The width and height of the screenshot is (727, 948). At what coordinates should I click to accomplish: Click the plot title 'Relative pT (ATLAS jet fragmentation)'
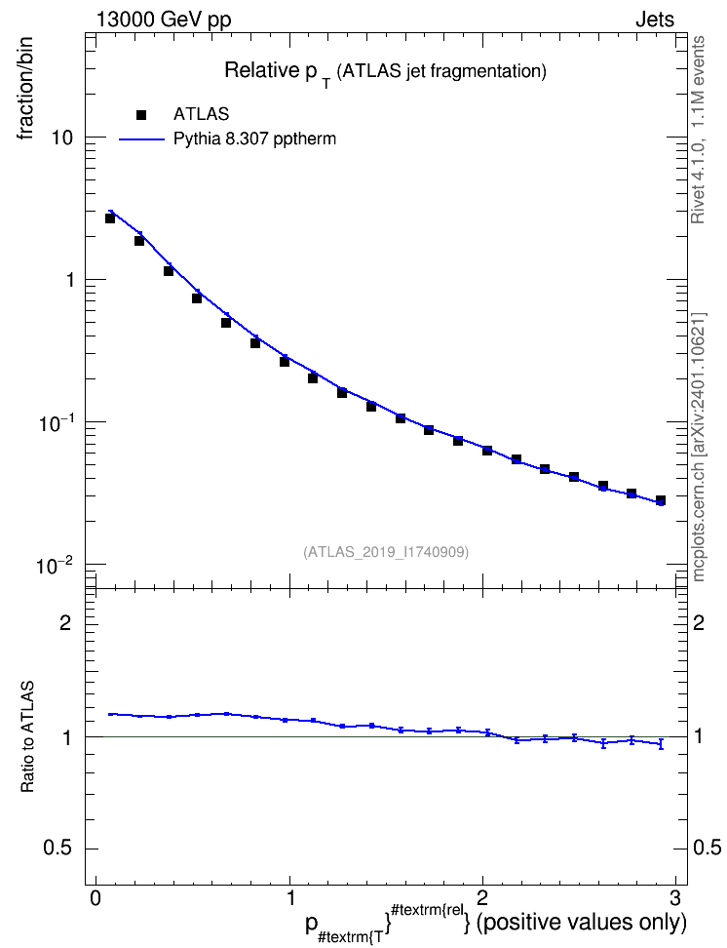pyautogui.click(x=386, y=72)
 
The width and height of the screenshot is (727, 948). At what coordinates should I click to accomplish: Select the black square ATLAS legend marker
pyautogui.click(x=141, y=114)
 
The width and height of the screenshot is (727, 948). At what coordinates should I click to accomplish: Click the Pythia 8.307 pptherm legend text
pyautogui.click(x=254, y=139)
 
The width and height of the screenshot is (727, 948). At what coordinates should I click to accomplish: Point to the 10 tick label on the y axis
pyautogui.click(x=61, y=138)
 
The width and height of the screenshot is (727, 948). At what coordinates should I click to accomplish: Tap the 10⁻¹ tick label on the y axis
pyautogui.click(x=55, y=422)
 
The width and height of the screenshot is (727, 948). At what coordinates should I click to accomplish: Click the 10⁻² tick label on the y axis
pyautogui.click(x=55, y=566)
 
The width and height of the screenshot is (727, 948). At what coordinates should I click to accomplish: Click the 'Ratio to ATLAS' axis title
pyautogui.click(x=27, y=736)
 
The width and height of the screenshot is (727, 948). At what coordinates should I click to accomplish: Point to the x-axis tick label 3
pyautogui.click(x=675, y=896)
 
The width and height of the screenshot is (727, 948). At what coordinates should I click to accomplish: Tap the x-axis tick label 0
pyautogui.click(x=96, y=896)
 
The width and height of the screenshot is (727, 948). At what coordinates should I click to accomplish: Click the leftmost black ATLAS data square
pyautogui.click(x=110, y=218)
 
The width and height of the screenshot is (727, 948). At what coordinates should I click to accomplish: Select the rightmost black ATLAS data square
pyautogui.click(x=661, y=500)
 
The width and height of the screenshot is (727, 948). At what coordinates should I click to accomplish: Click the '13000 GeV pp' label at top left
pyautogui.click(x=164, y=20)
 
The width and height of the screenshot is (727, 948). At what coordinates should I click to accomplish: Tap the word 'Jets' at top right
pyautogui.click(x=655, y=20)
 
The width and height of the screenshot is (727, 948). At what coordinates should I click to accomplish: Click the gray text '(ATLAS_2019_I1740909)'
pyautogui.click(x=386, y=552)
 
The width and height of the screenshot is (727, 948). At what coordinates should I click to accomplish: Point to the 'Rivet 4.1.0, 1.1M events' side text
pyautogui.click(x=698, y=130)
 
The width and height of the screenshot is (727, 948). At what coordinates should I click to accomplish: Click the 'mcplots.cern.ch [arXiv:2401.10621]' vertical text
pyautogui.click(x=698, y=448)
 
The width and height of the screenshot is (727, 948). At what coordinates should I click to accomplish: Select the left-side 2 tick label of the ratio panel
pyautogui.click(x=65, y=623)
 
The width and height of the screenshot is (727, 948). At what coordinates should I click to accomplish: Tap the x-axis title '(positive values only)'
pyautogui.click(x=582, y=923)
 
